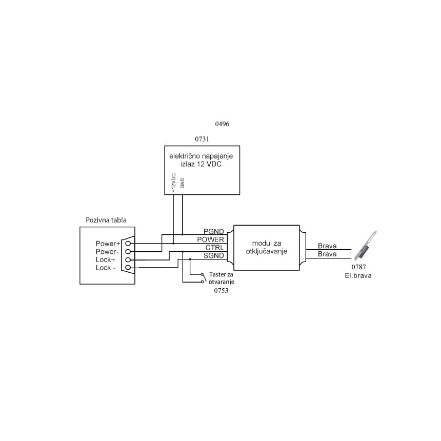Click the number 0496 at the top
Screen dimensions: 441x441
pos(222,124)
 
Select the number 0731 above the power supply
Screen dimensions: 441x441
pos(202,139)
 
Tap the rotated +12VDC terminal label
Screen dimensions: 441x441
pos(173,183)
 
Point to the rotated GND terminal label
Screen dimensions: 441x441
pos(182,183)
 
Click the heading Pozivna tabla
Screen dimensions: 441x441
pos(106,220)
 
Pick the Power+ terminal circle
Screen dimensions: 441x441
pos(128,243)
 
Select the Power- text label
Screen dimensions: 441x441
pos(107,251)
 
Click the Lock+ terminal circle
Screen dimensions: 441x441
pos(128,259)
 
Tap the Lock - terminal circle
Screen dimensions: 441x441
pos(128,268)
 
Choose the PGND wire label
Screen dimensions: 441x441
pos(214,231)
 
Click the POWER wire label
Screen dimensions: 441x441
pos(211,239)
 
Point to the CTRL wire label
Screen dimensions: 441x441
pos(214,248)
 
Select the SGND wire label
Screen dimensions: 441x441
pos(214,255)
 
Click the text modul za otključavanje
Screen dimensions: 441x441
pos(267,247)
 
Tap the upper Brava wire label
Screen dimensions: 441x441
pos(327,246)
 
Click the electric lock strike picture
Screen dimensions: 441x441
pos(366,245)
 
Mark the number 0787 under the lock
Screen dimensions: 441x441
pos(358,267)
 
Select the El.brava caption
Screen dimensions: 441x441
pos(358,276)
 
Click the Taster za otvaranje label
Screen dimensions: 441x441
pos(221,278)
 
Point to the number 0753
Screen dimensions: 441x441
pos(222,291)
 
